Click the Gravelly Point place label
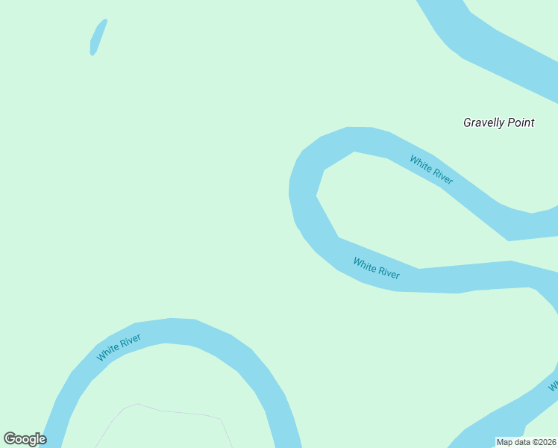coord(498,122)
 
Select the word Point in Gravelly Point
coord(521,122)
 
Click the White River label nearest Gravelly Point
coord(431,169)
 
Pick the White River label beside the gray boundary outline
coord(119,348)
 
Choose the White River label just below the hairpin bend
coord(376,268)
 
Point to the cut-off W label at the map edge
coord(554,387)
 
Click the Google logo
coord(25,439)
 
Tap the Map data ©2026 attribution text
coord(526,442)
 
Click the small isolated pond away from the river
coord(98,37)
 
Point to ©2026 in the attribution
coord(541,442)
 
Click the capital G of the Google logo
coord(10,438)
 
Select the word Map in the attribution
coord(505,442)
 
